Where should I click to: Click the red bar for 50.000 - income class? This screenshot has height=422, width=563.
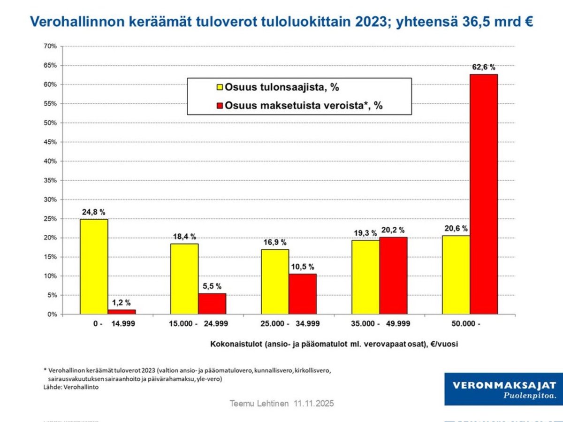click(484, 194)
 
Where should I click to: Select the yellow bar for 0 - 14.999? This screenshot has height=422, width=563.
click(94, 267)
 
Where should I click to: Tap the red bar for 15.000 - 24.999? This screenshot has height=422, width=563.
click(212, 304)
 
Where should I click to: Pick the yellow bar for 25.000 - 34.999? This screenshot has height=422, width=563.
click(275, 282)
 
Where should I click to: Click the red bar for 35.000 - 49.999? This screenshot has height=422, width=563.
click(393, 276)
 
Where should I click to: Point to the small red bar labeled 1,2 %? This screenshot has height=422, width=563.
click(122, 312)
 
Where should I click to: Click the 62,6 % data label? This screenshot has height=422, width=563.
click(484, 67)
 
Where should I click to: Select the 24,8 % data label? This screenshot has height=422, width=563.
click(94, 212)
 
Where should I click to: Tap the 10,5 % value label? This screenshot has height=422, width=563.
click(302, 266)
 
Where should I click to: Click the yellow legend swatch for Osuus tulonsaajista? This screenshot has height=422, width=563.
click(219, 87)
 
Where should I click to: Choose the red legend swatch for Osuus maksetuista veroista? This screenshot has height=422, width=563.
click(219, 105)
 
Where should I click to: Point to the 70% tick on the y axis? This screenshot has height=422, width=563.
click(50, 46)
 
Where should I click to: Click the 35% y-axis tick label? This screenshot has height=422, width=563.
click(50, 180)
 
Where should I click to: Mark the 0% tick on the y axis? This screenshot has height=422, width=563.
click(52, 315)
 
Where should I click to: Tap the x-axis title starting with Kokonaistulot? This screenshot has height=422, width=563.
click(334, 344)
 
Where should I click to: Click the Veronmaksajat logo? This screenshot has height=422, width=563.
click(503, 389)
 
